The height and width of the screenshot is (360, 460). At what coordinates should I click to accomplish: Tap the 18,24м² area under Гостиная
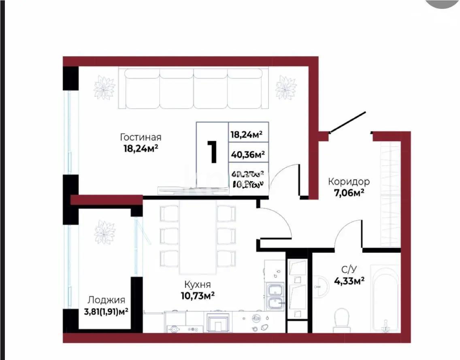[141, 148]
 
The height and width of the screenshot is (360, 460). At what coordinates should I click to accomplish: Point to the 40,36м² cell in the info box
[247, 154]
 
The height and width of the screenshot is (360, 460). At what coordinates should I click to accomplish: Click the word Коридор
[349, 182]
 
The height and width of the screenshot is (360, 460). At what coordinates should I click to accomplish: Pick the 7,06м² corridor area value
[349, 193]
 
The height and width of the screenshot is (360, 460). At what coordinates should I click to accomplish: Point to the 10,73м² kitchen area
[198, 296]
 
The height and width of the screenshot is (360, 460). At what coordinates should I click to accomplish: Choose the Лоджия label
[106, 300]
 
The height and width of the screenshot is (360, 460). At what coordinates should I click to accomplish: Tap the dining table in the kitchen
[198, 237]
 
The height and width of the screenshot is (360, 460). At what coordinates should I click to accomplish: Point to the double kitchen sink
[275, 296]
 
